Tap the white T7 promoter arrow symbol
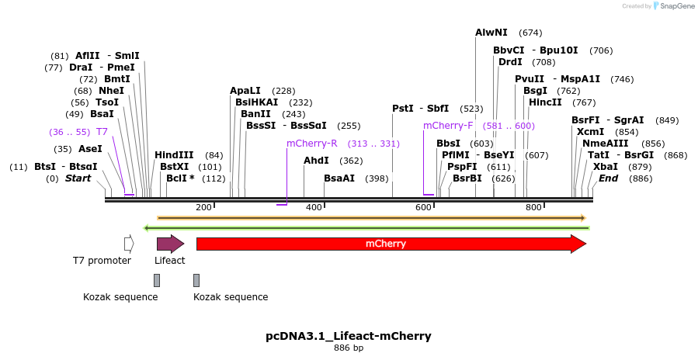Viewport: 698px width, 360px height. (x=129, y=244)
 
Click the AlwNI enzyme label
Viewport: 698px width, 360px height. (x=491, y=33)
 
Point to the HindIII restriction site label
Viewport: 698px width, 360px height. (x=174, y=154)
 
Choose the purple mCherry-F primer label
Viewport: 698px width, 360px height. (x=448, y=126)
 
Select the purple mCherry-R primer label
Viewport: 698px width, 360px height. (x=312, y=144)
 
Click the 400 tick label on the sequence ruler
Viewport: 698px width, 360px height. (x=314, y=207)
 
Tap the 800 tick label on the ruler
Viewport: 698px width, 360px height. (x=533, y=207)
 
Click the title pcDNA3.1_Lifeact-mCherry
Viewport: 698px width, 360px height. (x=349, y=336)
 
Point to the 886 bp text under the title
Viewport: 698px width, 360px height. (x=349, y=348)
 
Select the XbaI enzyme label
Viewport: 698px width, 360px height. (x=606, y=167)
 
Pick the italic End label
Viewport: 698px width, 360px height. (x=608, y=178)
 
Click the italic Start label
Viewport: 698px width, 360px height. (x=78, y=178)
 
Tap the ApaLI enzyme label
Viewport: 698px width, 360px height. (x=245, y=91)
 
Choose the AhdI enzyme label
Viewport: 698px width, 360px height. (x=316, y=161)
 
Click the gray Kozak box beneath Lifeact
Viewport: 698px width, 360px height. (x=157, y=280)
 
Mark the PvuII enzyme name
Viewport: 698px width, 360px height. (x=529, y=79)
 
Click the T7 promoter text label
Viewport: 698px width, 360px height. (x=102, y=261)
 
